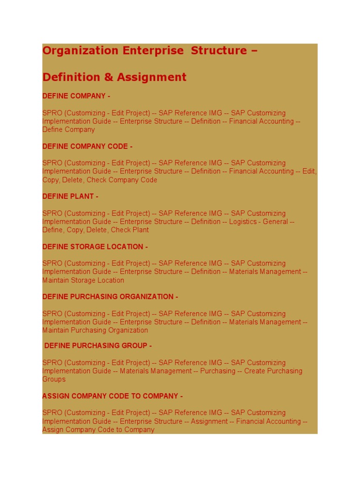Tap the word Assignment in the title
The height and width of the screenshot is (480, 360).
click(x=151, y=77)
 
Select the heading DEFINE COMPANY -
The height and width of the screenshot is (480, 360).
click(x=76, y=96)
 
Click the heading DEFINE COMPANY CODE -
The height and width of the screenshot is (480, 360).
click(x=87, y=146)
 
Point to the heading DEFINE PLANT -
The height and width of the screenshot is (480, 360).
click(x=70, y=196)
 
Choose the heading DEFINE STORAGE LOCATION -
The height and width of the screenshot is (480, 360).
click(x=95, y=247)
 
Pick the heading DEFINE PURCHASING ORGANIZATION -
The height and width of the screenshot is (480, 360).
click(x=110, y=297)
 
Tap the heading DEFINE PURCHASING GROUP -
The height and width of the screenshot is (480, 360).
click(x=98, y=346)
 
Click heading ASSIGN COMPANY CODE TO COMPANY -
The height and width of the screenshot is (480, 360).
click(x=112, y=396)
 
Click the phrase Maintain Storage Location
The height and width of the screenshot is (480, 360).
click(x=83, y=280)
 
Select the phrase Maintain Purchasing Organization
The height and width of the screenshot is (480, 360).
click(x=95, y=330)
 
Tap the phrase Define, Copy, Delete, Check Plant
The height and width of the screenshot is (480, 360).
click(x=96, y=230)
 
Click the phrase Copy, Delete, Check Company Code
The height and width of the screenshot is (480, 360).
click(x=100, y=180)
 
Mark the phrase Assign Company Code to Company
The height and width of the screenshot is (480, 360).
click(x=98, y=430)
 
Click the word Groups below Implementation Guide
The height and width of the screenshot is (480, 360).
click(x=54, y=379)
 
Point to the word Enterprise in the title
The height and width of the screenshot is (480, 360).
click(x=153, y=51)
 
